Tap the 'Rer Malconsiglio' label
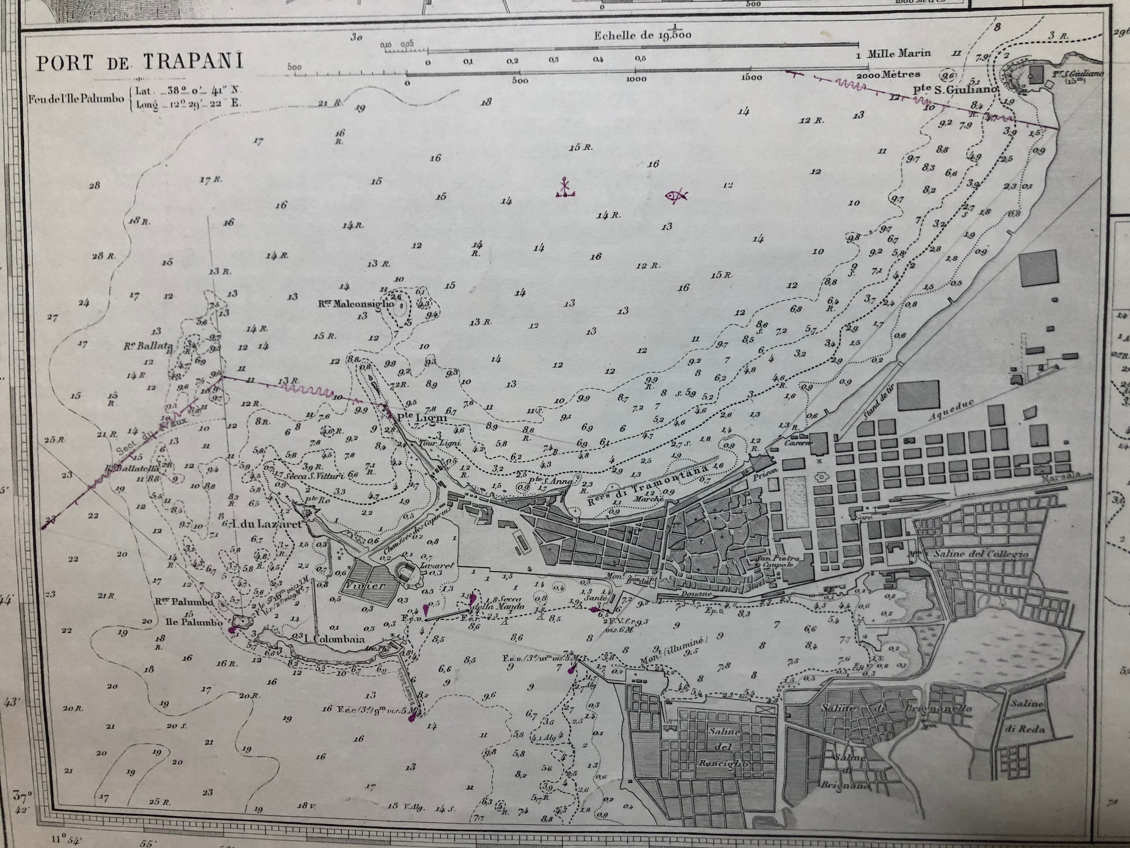357,303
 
